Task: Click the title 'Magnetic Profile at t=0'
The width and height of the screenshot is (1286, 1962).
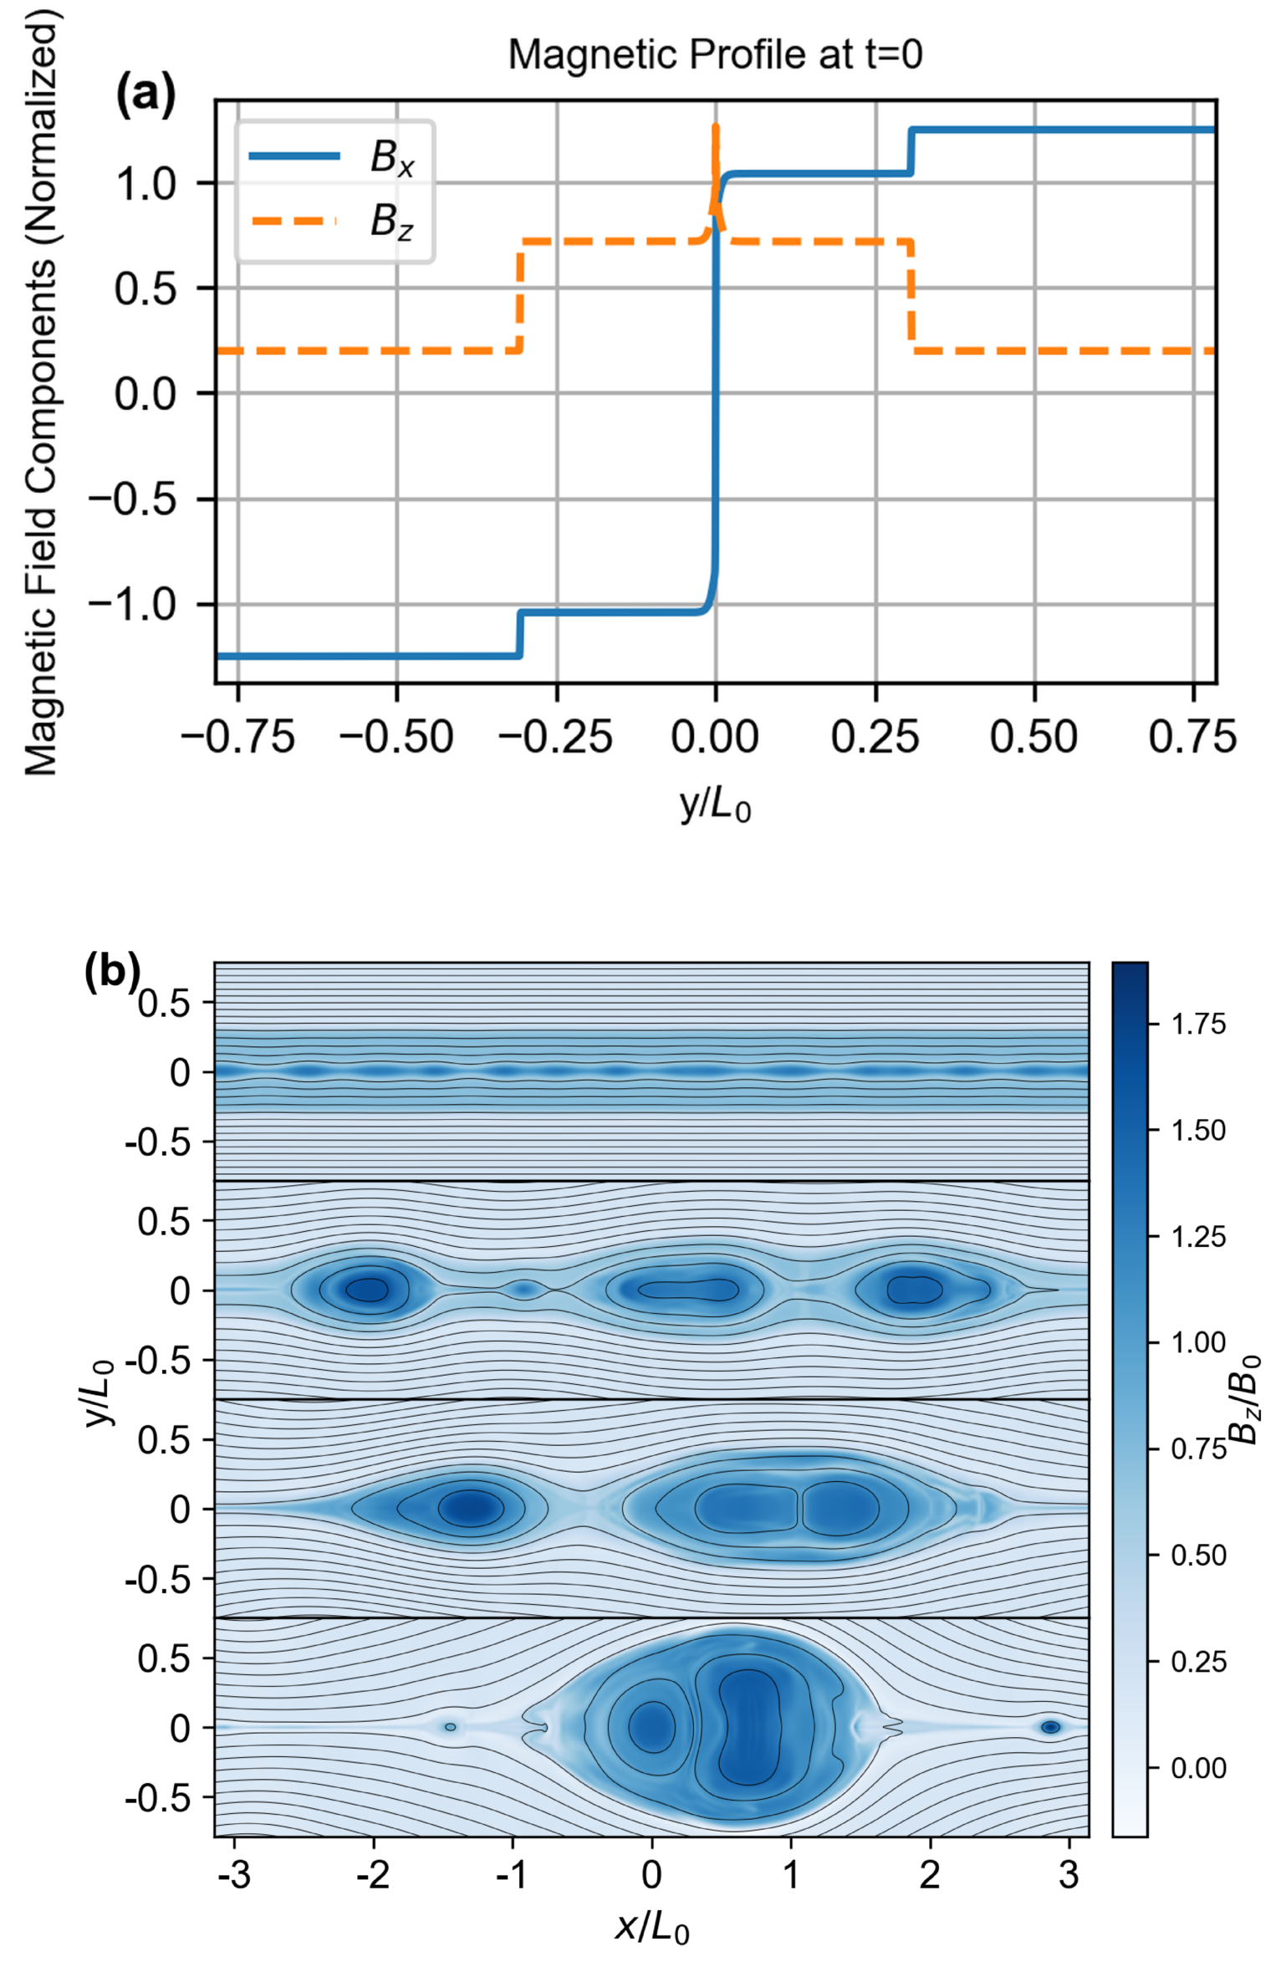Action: coord(715,55)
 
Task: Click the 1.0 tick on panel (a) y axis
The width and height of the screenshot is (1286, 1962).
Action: coord(146,183)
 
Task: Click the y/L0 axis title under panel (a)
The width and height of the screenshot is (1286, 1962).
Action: coord(716,805)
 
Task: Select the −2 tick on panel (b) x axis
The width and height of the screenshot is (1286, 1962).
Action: coord(373,1875)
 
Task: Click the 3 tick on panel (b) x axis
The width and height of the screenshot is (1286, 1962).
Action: coord(1069,1875)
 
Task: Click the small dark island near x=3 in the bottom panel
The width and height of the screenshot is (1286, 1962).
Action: coord(1051,1727)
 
